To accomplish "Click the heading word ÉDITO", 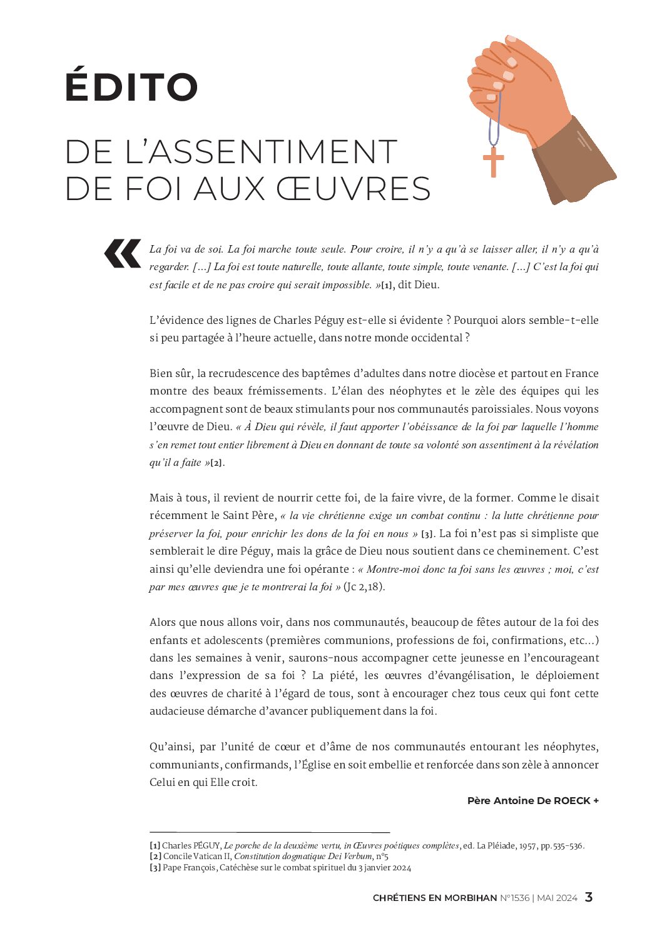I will [x=131, y=87].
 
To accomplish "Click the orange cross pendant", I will [x=494, y=162].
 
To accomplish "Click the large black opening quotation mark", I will [x=123, y=253].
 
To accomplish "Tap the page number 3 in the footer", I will [x=588, y=897].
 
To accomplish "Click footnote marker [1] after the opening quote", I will [x=387, y=286].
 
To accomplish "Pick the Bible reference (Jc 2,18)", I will [x=364, y=587].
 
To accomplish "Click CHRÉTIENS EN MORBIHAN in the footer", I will [x=435, y=898].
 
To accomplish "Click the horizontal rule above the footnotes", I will [x=269, y=832].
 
